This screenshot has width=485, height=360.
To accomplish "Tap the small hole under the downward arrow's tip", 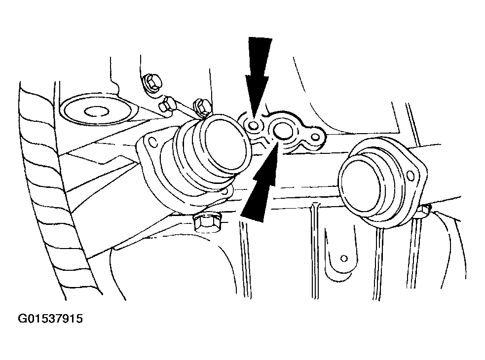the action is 253,125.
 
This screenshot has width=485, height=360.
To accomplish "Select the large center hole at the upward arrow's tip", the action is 281,130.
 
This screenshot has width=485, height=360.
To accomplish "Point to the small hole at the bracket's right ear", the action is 315,136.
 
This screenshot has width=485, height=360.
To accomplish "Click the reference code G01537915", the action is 50,319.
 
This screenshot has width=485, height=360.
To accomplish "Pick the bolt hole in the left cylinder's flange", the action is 152,142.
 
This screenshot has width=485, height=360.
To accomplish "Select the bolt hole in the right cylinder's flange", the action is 410,176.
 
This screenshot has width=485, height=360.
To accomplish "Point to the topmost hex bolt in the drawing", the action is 151,82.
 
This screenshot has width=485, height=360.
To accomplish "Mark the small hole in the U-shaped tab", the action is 344,258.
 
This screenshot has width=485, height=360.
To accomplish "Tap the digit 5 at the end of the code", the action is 79,319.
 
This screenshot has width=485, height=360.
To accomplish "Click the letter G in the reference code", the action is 22,319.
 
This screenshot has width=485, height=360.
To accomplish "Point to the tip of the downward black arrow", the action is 254,118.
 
